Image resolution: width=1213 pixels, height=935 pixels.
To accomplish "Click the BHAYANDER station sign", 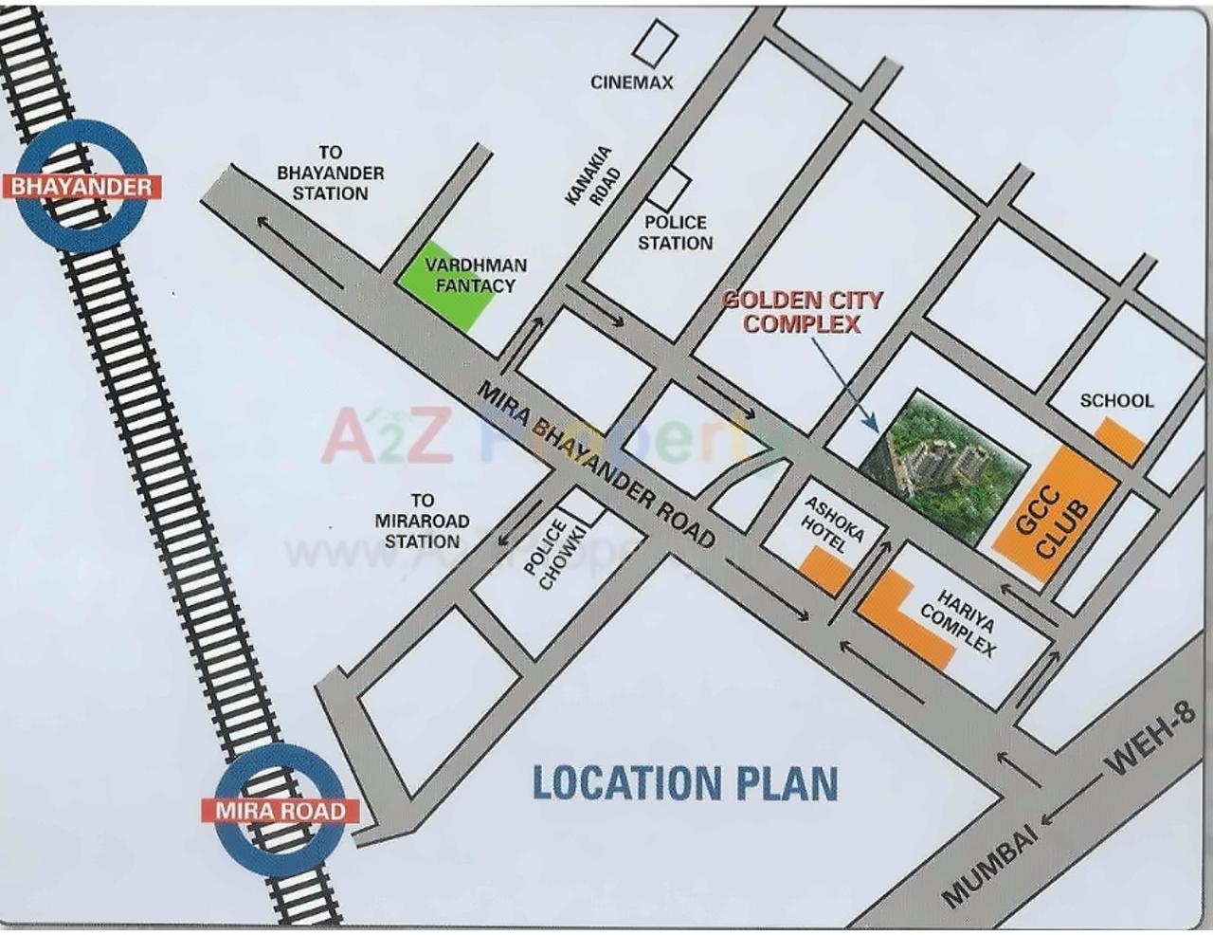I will (x=81, y=185).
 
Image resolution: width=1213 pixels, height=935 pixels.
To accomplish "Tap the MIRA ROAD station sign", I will (x=280, y=811).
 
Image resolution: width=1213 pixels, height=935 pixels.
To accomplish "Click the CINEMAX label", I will (x=632, y=82).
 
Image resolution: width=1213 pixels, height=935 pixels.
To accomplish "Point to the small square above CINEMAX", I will (x=653, y=41).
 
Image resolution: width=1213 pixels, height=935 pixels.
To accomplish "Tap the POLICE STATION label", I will (x=675, y=232).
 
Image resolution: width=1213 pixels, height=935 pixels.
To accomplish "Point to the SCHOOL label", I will (x=1117, y=401).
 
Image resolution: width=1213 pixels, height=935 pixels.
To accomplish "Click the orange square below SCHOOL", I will (x=1119, y=440).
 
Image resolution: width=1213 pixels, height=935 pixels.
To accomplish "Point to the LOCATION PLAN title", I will (x=685, y=783).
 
